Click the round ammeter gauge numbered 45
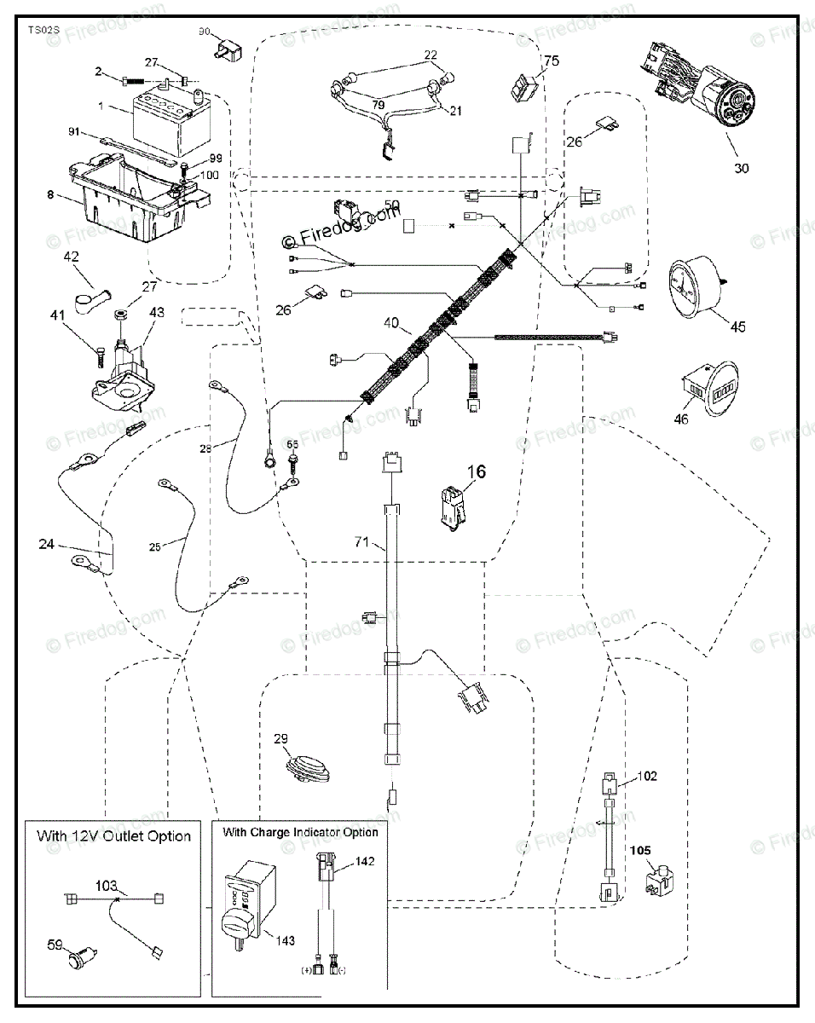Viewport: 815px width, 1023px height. (693, 286)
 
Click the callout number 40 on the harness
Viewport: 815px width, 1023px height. (391, 324)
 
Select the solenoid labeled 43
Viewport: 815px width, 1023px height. (124, 367)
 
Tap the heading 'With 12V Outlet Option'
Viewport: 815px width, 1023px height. (113, 835)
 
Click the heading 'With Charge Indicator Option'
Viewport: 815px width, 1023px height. (299, 831)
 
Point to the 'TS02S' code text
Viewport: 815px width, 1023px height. (43, 30)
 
